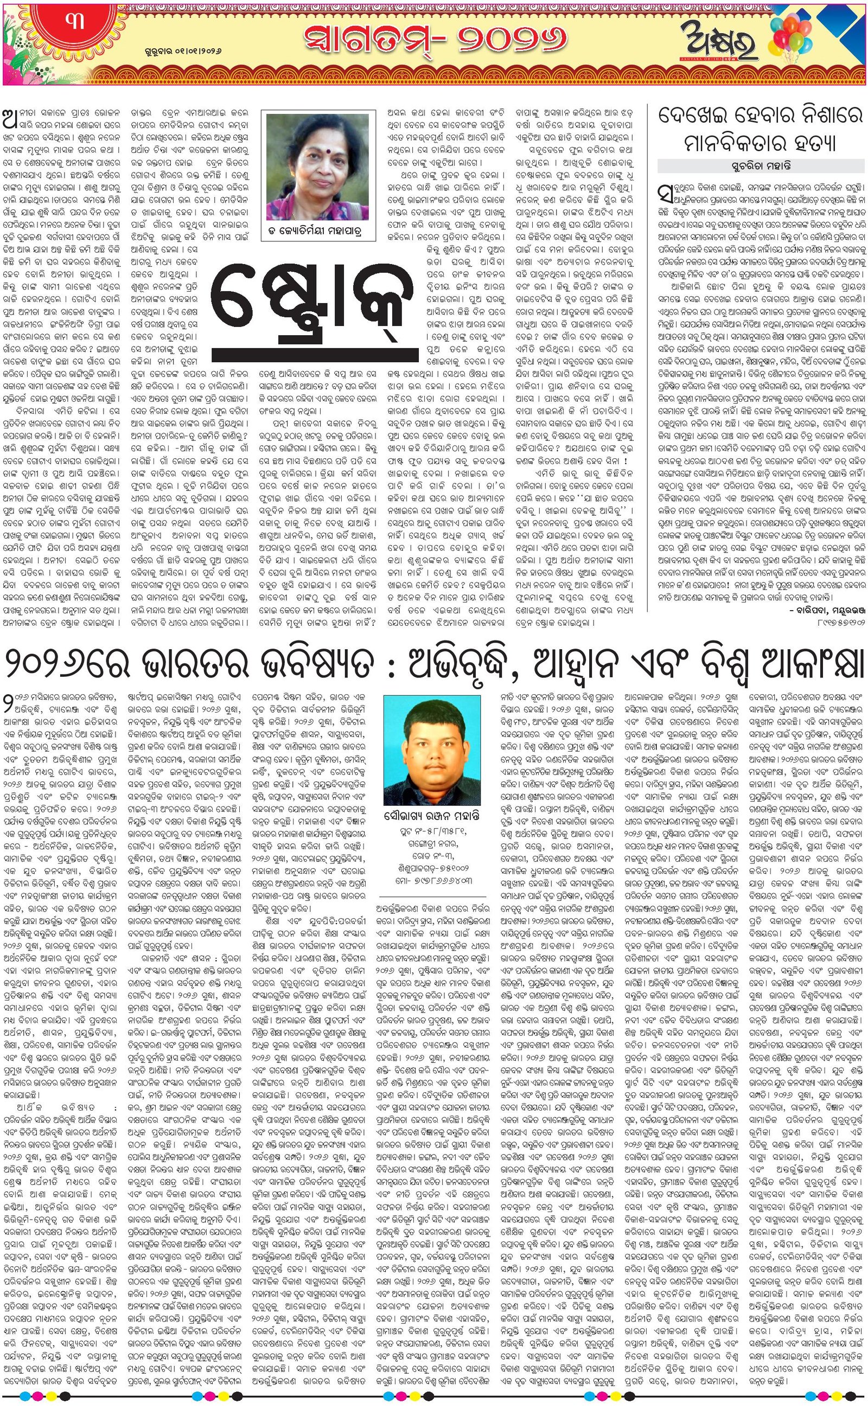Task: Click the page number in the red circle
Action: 75,23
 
